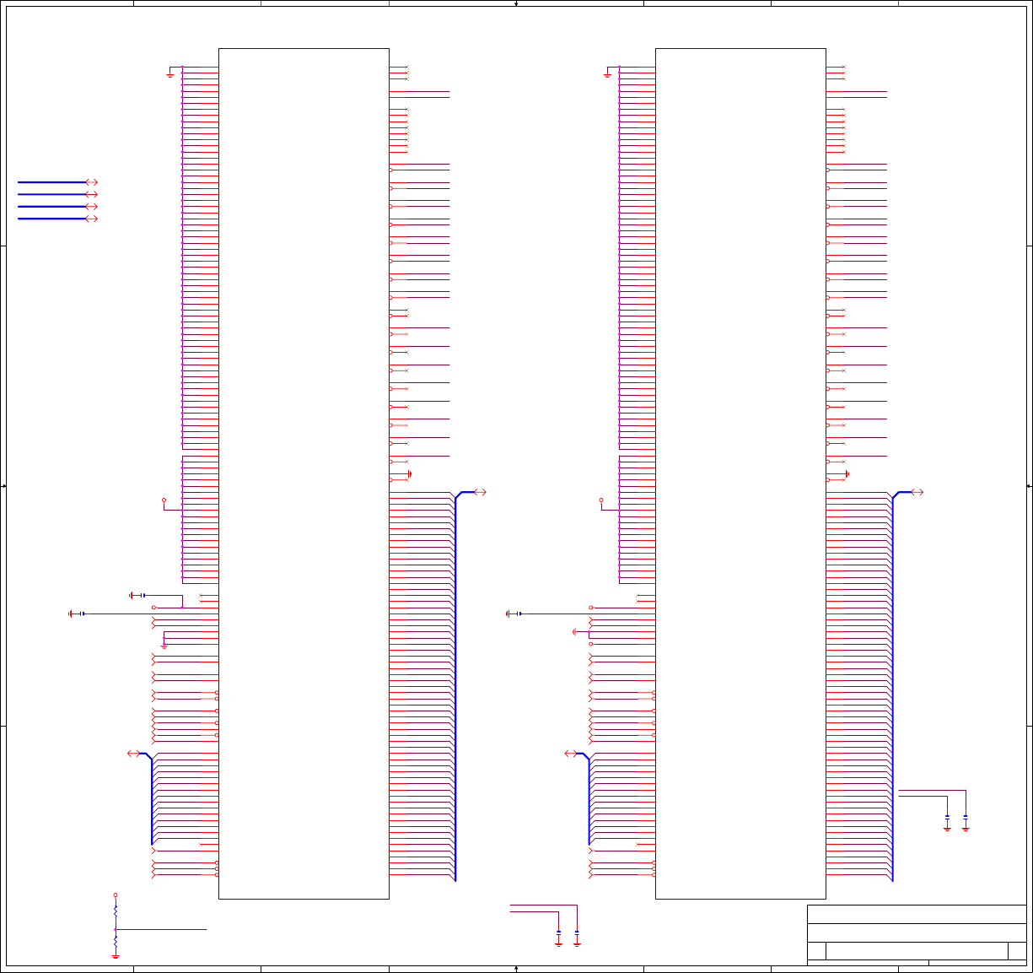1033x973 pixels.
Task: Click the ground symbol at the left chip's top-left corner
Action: click(170, 74)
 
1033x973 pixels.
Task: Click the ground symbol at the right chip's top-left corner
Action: click(607, 74)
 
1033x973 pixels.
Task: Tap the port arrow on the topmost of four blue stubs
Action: click(91, 182)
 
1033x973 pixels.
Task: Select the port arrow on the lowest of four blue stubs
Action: click(91, 219)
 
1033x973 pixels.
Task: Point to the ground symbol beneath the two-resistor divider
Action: click(116, 956)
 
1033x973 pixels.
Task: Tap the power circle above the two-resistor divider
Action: click(116, 895)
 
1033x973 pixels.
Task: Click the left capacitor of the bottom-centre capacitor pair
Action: click(559, 932)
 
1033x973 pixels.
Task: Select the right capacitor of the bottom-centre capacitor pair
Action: click(577, 932)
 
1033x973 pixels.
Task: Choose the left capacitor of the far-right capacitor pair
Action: click(947, 817)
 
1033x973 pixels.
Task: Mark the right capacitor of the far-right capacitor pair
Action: click(966, 817)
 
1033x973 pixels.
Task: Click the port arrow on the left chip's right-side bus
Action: click(480, 492)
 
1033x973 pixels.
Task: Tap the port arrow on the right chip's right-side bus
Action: click(917, 492)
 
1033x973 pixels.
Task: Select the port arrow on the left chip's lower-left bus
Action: click(133, 754)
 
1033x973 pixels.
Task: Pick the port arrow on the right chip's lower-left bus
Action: click(570, 754)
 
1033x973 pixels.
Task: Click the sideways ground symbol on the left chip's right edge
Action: click(409, 474)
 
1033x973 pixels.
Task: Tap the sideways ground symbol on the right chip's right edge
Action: click(846, 474)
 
